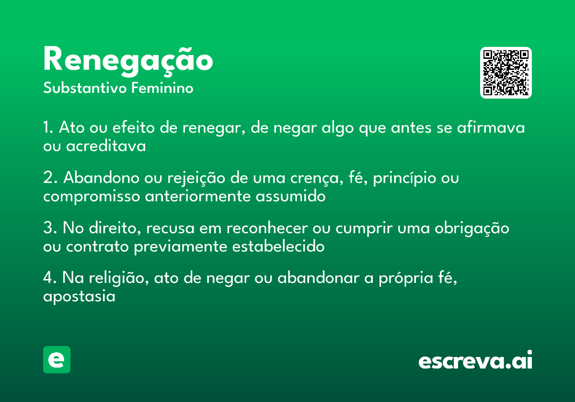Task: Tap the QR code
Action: coord(506,73)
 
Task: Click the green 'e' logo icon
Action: coord(57,359)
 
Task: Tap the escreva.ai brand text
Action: coord(475,360)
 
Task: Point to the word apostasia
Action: coord(79,297)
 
